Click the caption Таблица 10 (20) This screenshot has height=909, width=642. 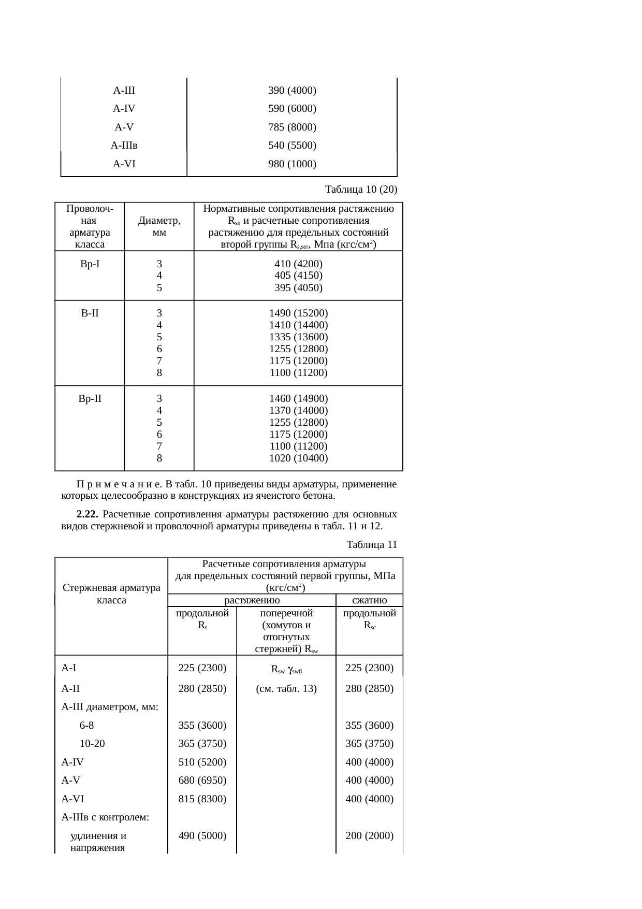click(360, 189)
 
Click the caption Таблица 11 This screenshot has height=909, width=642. click(372, 544)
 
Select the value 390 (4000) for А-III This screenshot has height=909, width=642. click(292, 91)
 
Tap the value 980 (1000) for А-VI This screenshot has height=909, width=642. click(292, 164)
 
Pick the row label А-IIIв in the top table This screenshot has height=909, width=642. click(124, 146)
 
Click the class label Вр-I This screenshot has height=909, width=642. click(90, 264)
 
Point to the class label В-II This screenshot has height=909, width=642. click(90, 313)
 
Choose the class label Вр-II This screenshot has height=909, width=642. click(90, 399)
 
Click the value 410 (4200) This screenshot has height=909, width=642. click(298, 264)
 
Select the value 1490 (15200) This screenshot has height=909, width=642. click(298, 313)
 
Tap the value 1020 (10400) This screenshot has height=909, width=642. click(298, 458)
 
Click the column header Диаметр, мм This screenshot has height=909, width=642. click(159, 227)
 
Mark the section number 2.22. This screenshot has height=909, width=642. click(87, 514)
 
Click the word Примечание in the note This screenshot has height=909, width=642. click(118, 485)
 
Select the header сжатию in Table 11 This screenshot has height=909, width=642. click(369, 600)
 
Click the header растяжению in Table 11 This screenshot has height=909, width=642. click(252, 600)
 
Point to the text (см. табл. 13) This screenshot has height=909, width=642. click(286, 689)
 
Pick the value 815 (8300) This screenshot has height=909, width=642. click(202, 799)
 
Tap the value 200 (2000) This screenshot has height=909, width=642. click(369, 835)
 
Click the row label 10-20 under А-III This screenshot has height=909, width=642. click(92, 744)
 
